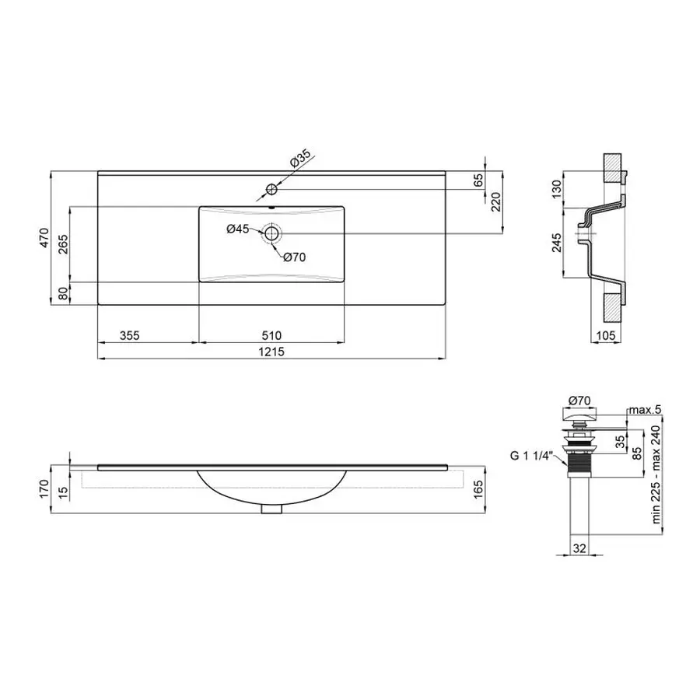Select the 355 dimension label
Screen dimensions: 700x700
(x=129, y=335)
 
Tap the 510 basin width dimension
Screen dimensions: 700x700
(x=271, y=335)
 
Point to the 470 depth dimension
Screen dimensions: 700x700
(x=45, y=237)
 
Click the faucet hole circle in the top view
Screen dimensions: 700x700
(x=271, y=189)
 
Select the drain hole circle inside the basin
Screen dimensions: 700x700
(x=272, y=232)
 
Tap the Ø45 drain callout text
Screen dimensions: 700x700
(x=237, y=229)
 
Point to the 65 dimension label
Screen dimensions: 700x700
(x=478, y=179)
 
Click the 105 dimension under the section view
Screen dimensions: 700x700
(x=607, y=335)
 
